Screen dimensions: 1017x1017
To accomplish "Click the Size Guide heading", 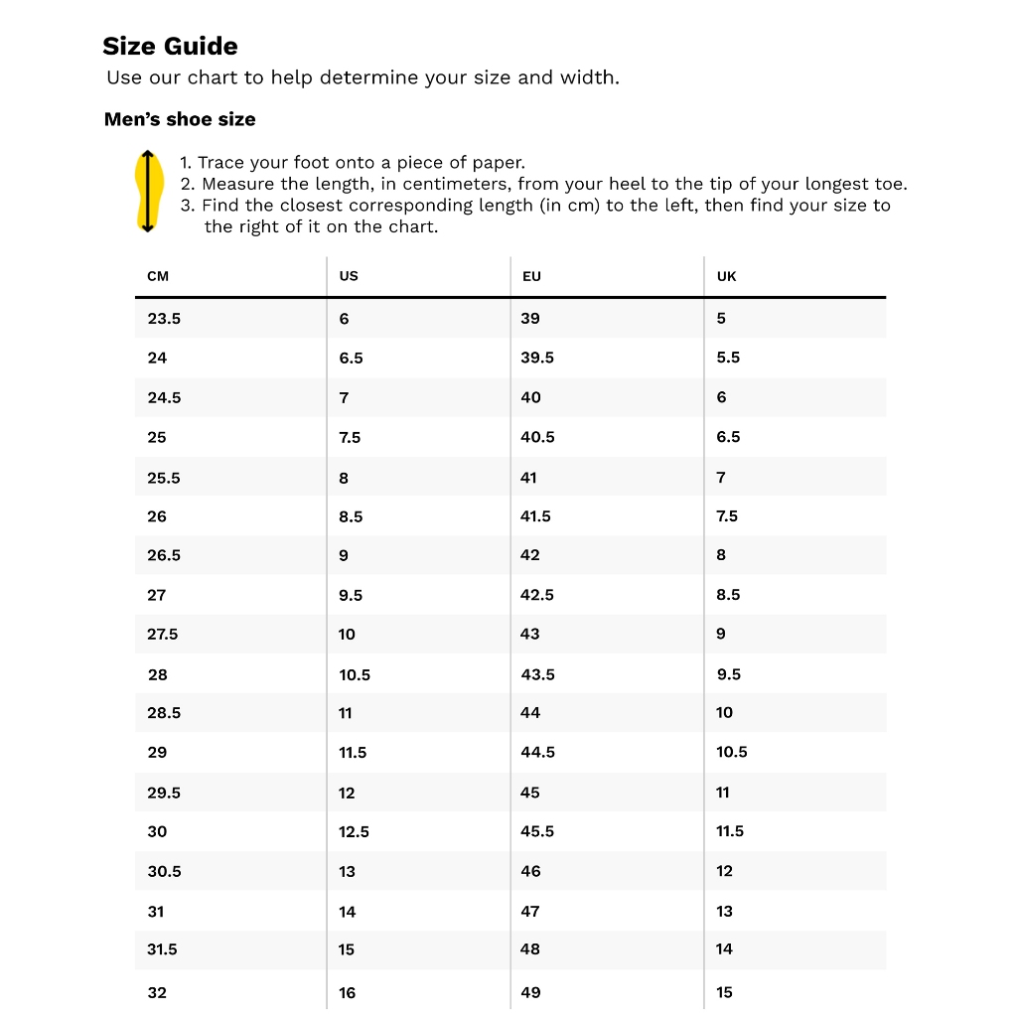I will click(170, 47).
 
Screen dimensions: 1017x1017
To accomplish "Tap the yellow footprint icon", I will click(147, 191).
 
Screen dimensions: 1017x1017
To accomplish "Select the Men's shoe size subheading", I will click(180, 119).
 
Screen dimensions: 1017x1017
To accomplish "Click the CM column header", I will click(158, 276).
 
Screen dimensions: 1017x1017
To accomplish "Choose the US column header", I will click(349, 276).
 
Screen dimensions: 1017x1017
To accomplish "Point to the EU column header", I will click(531, 276).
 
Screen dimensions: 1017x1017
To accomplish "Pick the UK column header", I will click(727, 276).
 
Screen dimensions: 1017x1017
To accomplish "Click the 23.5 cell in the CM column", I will click(164, 319).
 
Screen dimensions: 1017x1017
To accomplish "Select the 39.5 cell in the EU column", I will click(537, 358).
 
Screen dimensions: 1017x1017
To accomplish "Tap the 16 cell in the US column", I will click(347, 992).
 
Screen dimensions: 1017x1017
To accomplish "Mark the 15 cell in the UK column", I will click(724, 992).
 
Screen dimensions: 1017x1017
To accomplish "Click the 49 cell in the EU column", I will click(530, 992).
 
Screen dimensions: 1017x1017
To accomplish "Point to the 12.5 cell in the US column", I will click(354, 832).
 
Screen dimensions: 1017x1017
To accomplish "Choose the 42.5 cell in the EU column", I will click(537, 595).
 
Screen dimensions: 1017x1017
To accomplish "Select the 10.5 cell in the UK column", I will click(732, 752).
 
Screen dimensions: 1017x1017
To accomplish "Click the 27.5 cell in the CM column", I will click(164, 634).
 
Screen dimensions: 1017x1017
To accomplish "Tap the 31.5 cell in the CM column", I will click(162, 949).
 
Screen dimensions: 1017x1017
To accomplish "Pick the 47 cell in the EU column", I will click(530, 911).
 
